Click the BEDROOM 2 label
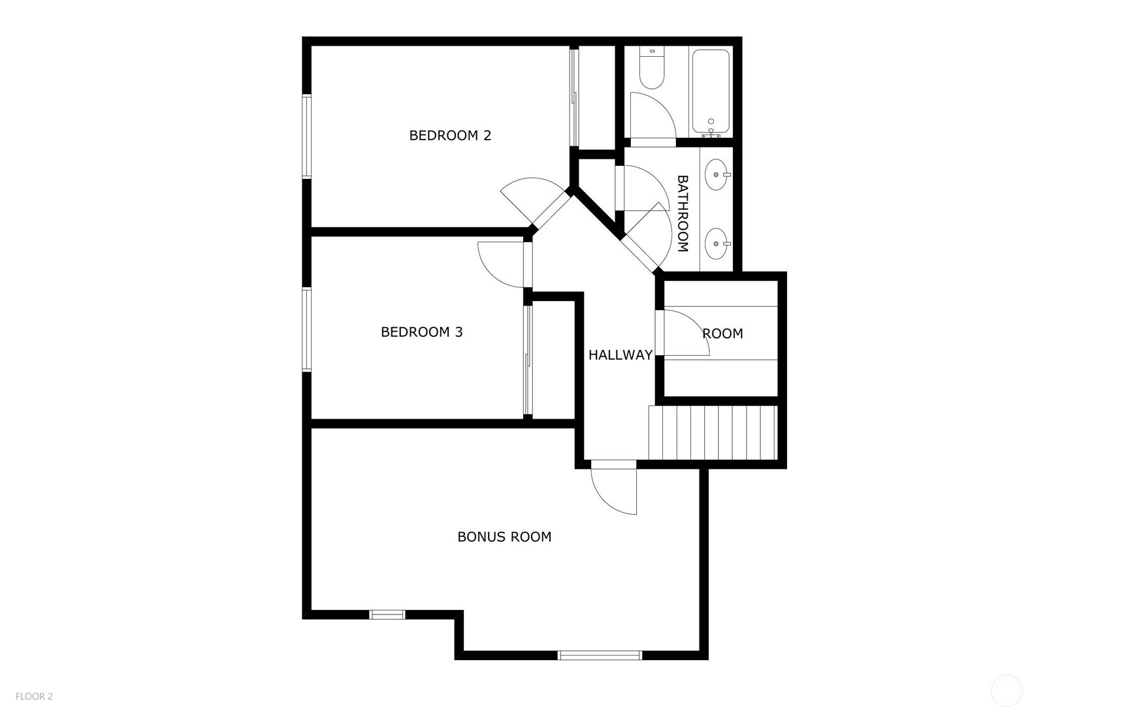(x=450, y=136)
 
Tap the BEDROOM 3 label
(x=421, y=332)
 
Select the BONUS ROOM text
(x=504, y=537)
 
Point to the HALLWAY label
(x=620, y=355)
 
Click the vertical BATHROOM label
(x=683, y=214)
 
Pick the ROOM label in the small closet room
(x=722, y=334)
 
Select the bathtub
(x=711, y=91)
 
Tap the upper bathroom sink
(x=718, y=175)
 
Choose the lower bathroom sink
(x=718, y=244)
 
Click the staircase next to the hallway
(x=713, y=433)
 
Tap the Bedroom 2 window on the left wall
(x=306, y=136)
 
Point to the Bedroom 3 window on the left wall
(x=306, y=330)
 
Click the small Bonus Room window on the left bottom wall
(x=387, y=614)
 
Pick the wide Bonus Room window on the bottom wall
(x=600, y=655)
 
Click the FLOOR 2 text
(x=34, y=697)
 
